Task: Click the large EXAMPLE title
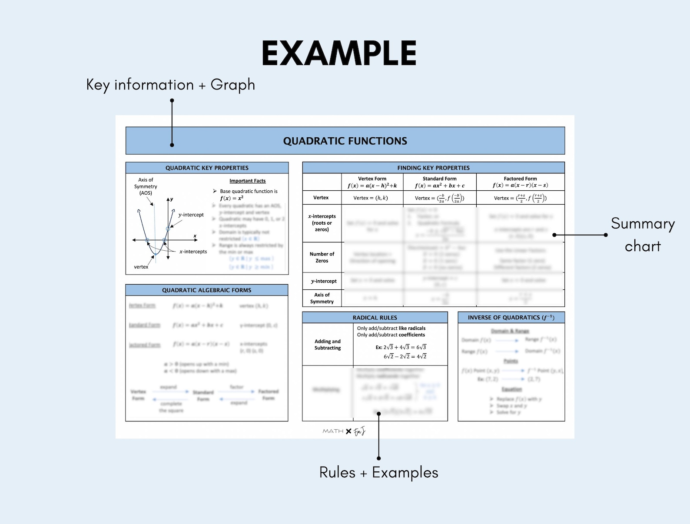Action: click(339, 53)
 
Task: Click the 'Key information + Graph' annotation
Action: click(170, 85)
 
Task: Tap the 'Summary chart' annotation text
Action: click(642, 235)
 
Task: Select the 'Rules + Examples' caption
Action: click(378, 472)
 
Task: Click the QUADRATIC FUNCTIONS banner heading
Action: click(345, 141)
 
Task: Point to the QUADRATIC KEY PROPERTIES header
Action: click(207, 168)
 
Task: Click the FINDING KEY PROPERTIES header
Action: click(433, 168)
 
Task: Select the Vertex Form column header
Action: click(372, 182)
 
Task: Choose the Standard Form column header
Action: click(439, 182)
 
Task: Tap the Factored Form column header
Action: click(520, 182)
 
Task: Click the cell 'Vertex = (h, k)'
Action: click(371, 198)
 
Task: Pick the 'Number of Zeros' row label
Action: click(322, 257)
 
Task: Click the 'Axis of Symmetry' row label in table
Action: click(322, 298)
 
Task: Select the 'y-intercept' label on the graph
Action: click(191, 215)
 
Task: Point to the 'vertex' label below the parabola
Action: click(141, 267)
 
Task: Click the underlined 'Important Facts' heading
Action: click(247, 181)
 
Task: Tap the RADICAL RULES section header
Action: click(375, 318)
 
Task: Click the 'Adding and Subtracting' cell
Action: click(328, 345)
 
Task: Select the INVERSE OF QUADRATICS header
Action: click(511, 318)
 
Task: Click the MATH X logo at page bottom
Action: click(344, 431)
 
